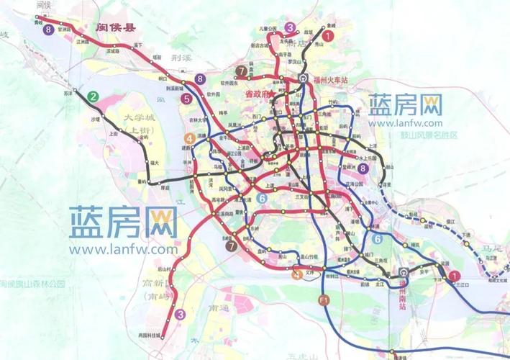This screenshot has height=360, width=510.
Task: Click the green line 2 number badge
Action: point(93,96)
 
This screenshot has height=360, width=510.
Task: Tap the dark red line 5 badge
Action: point(186,99)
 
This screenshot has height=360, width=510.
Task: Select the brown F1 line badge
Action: point(324,299)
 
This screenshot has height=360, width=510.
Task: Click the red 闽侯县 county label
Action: point(116,28)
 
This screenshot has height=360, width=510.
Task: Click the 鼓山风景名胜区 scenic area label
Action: point(424,134)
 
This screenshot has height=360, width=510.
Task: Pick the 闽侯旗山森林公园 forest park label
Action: point(32,284)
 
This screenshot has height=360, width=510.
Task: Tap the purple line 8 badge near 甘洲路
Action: point(48,30)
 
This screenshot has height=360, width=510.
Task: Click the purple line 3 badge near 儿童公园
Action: point(290,27)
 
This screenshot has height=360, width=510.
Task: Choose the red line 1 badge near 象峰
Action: point(327,34)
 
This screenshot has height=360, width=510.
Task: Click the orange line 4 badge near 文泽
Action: point(297,274)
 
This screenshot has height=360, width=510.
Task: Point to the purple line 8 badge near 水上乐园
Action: point(363,168)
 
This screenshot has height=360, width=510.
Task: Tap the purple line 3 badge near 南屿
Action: point(181,314)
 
